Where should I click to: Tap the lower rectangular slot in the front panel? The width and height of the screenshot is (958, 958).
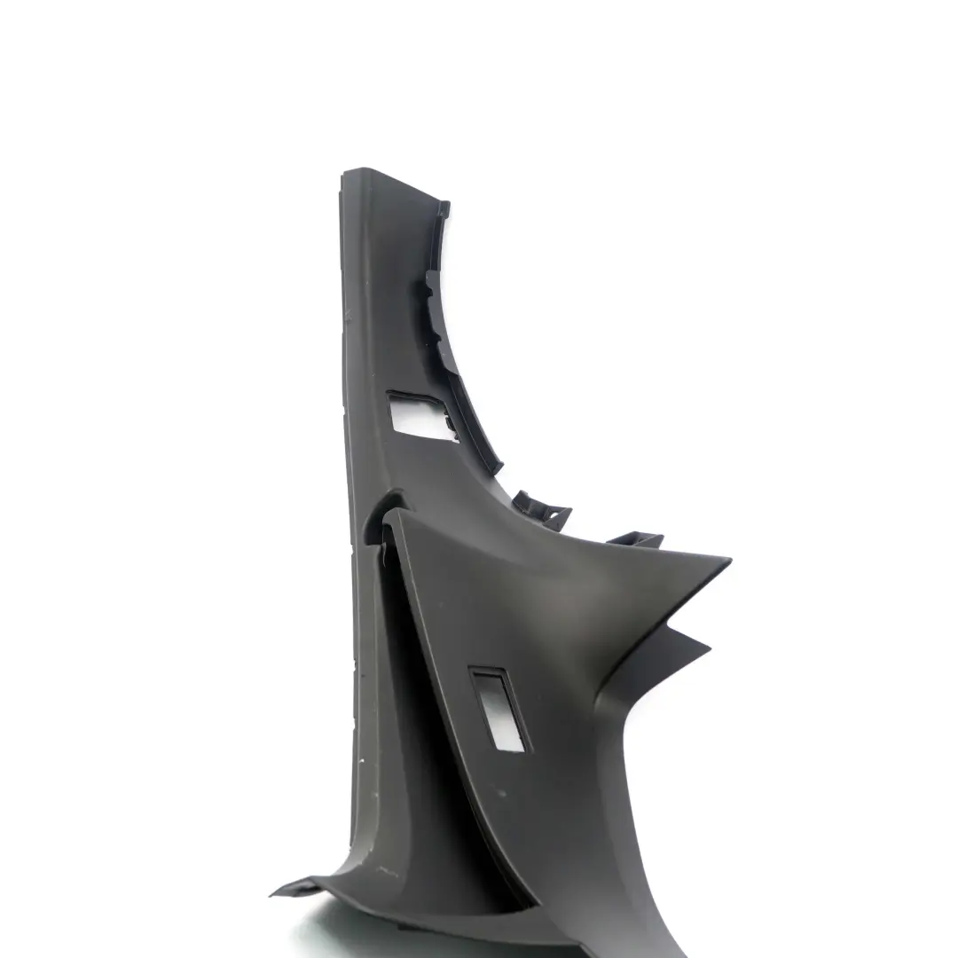pos(498,710)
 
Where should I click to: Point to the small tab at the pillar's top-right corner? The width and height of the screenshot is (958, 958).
pos(443,210)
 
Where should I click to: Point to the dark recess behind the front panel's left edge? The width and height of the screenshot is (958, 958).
pos(417,674)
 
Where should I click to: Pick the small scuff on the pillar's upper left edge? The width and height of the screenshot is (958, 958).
pos(349,312)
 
